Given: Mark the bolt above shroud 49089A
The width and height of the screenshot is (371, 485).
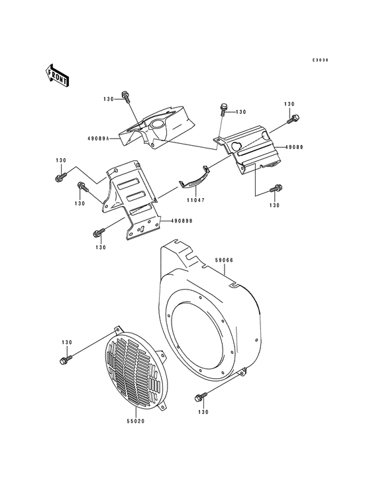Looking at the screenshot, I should pyautogui.click(x=126, y=98).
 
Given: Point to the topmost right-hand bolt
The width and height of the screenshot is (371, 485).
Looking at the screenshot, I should pyautogui.click(x=294, y=119).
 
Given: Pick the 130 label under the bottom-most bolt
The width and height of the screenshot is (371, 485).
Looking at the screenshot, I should pyautogui.click(x=201, y=411).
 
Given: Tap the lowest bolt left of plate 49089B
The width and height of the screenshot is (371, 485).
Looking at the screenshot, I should pyautogui.click(x=99, y=233).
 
